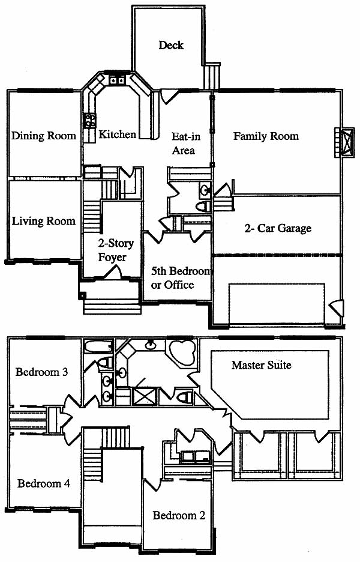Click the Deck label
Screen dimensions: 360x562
coord(171,45)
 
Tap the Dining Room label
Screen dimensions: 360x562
coord(44,136)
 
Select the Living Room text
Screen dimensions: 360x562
coord(44,221)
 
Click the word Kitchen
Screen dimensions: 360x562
coord(118,134)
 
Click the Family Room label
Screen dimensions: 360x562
coord(266,136)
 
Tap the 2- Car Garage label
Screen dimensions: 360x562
coord(278,228)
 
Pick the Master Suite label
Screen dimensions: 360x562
coord(262,365)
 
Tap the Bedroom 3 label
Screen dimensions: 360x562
coord(41,372)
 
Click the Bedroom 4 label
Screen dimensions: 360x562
coord(44,483)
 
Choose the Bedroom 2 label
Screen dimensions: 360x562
coord(179,515)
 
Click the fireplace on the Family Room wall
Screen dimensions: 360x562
coord(344,142)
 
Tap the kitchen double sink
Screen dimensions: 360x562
coord(117,80)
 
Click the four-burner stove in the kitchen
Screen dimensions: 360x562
coord(90,121)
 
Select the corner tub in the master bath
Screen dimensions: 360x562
coord(182,352)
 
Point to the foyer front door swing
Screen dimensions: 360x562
coord(114,272)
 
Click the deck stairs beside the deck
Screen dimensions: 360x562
coord(212,76)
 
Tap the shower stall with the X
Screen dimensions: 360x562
coord(143,396)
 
